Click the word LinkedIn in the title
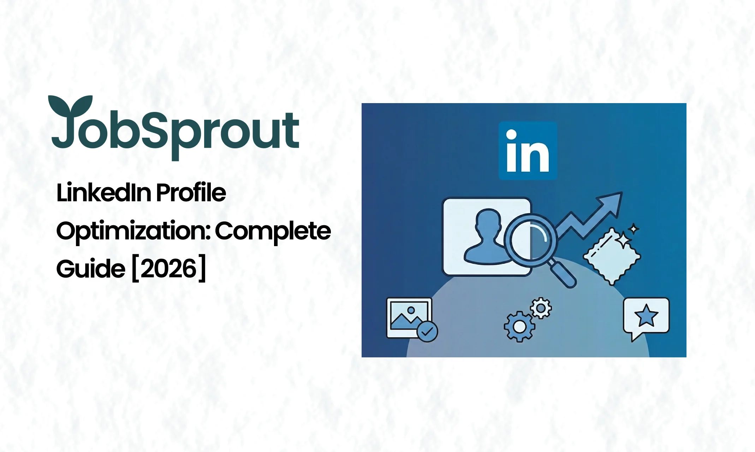pyautogui.click(x=103, y=193)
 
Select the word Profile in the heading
pyautogui.click(x=191, y=193)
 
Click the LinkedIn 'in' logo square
pyautogui.click(x=528, y=151)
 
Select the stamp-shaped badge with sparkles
pyautogui.click(x=612, y=256)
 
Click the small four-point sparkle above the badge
pyautogui.click(x=634, y=229)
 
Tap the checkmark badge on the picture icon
pyautogui.click(x=427, y=332)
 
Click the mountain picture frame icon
pyautogui.click(x=409, y=318)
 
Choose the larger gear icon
pyautogui.click(x=519, y=327)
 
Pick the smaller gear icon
pyautogui.click(x=541, y=308)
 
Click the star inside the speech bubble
pyautogui.click(x=646, y=315)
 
